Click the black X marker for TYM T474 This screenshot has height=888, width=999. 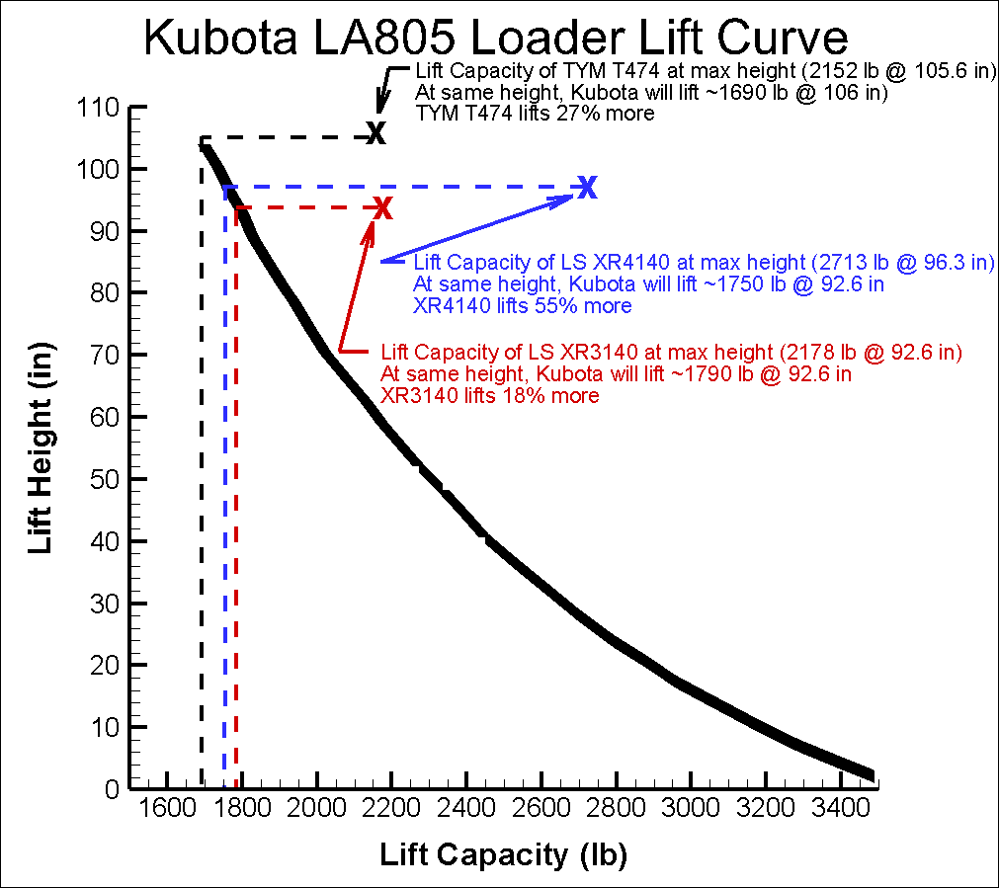pos(375,133)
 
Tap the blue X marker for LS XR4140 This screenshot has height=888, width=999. pos(588,187)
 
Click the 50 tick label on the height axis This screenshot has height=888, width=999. pos(99,479)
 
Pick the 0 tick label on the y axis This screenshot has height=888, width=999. pos(111,789)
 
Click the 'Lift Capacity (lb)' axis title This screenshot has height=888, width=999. pos(504,855)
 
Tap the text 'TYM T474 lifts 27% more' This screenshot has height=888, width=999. pos(535,114)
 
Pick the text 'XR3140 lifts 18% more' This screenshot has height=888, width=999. pos(489,396)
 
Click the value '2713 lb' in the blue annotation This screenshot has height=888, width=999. pos(849,263)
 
